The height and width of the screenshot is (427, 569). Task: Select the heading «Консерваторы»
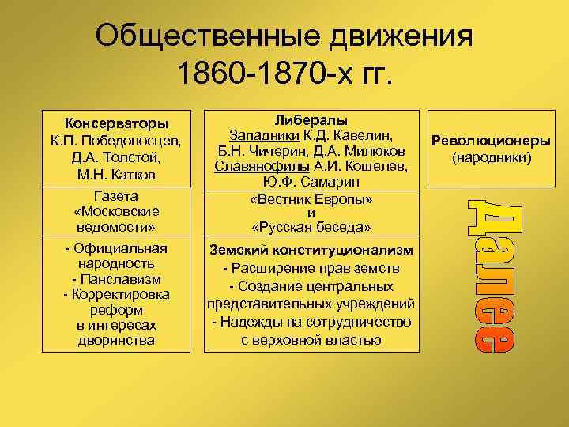click(115, 124)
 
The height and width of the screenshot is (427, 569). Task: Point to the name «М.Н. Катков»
click(115, 174)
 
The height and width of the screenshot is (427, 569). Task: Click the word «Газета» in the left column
click(115, 196)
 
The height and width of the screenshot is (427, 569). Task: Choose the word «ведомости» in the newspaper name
click(115, 228)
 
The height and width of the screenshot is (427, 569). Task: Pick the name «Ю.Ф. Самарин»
click(311, 182)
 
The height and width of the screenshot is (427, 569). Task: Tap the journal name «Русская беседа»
click(311, 228)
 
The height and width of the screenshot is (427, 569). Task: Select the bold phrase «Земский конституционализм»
click(311, 250)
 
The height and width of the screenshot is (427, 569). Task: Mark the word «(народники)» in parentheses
click(491, 157)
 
